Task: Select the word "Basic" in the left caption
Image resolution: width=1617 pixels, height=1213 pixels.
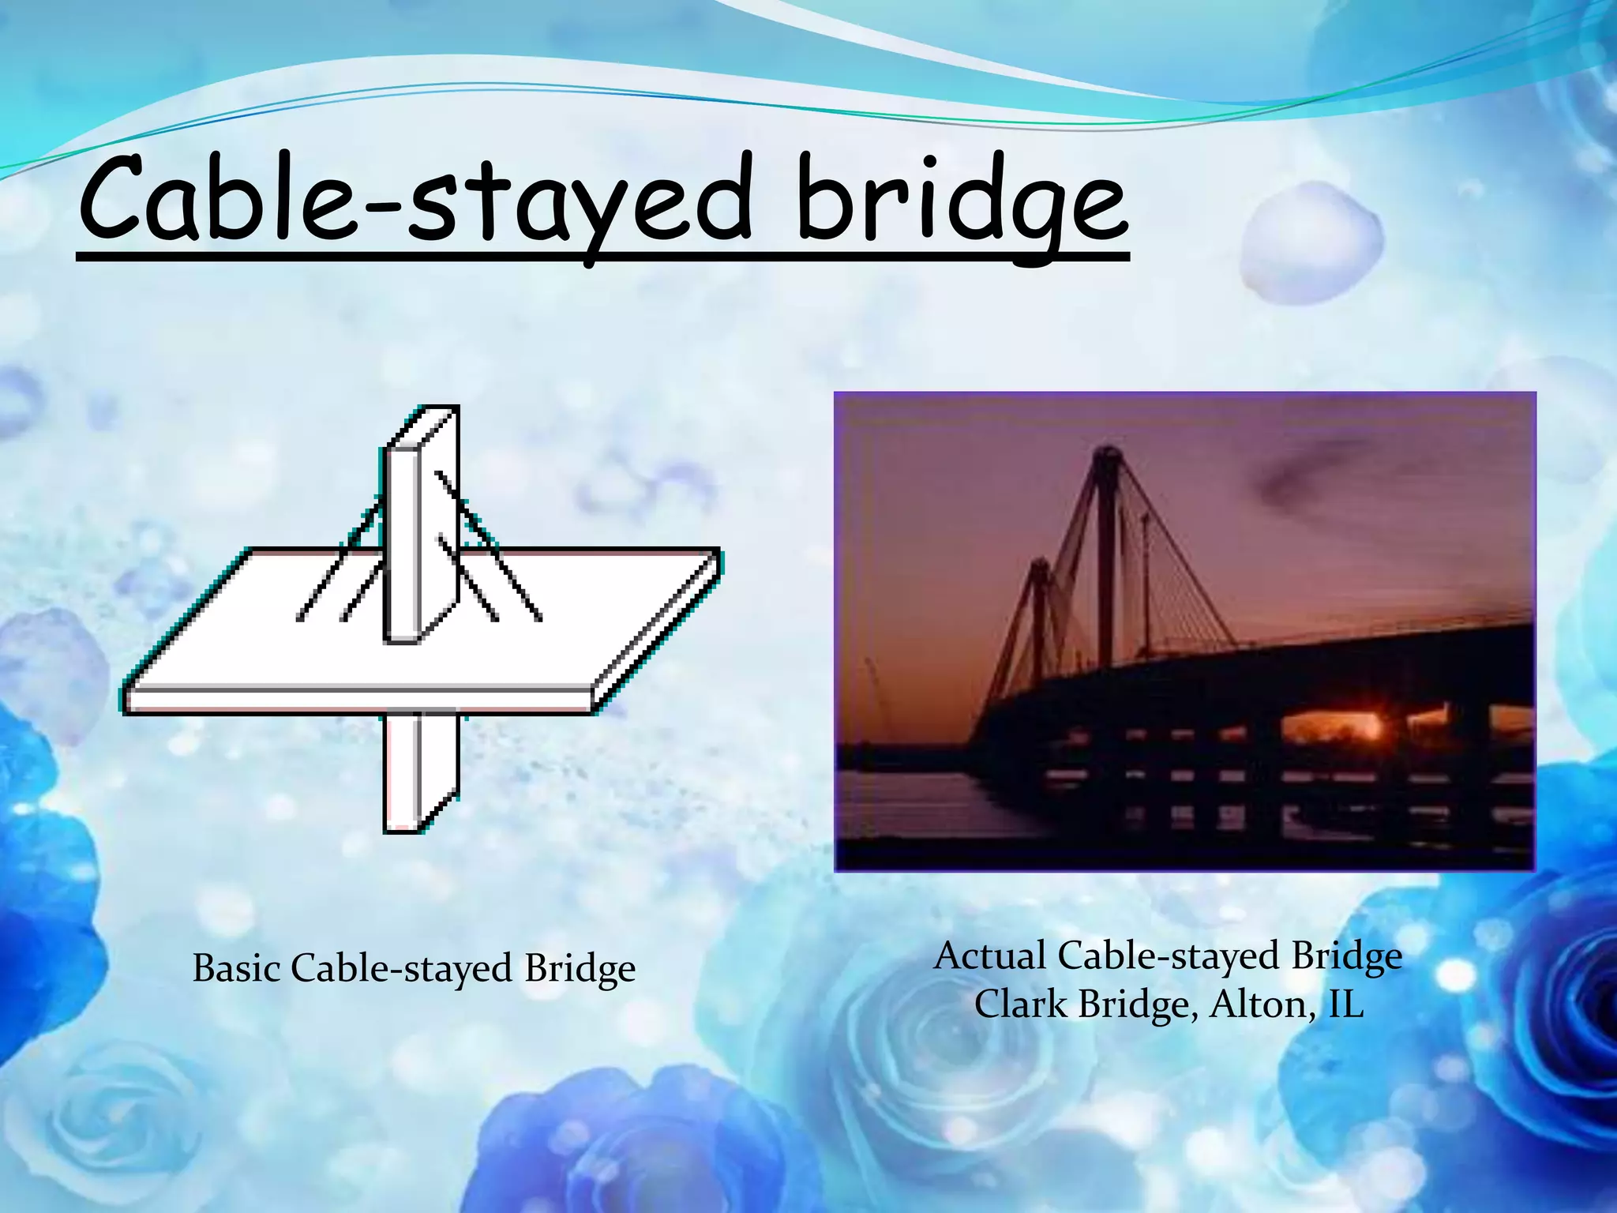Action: coord(237,968)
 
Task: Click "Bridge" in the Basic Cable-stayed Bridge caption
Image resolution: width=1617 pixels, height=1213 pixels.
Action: coord(580,970)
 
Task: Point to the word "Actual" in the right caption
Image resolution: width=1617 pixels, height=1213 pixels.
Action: coord(990,956)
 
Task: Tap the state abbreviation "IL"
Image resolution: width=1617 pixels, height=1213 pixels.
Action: coord(1346,1005)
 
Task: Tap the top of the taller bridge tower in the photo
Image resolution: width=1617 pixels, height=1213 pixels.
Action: coord(1105,454)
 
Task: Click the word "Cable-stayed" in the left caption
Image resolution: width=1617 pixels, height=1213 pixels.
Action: coord(403,970)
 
